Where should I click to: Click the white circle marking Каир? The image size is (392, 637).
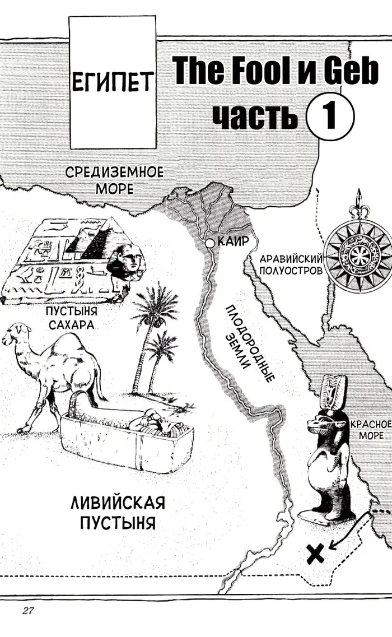[209, 243]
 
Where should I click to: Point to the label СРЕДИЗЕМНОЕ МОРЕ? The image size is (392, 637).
[114, 180]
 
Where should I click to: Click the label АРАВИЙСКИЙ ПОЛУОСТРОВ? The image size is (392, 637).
[291, 264]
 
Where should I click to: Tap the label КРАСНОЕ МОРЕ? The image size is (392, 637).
[370, 430]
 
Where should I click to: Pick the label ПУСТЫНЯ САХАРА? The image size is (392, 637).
[72, 318]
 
